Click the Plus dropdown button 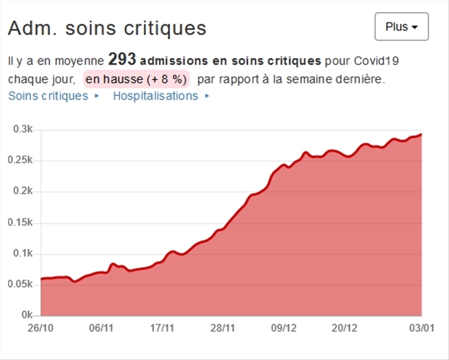tap(401, 27)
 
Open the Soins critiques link tap(48, 96)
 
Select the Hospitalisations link tap(155, 96)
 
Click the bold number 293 tap(122, 60)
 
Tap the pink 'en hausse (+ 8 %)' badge tap(136, 79)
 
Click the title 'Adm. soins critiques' tap(107, 28)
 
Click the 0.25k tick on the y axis tap(22, 161)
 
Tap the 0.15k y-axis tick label tap(22, 223)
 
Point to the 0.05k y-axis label tap(22, 285)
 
